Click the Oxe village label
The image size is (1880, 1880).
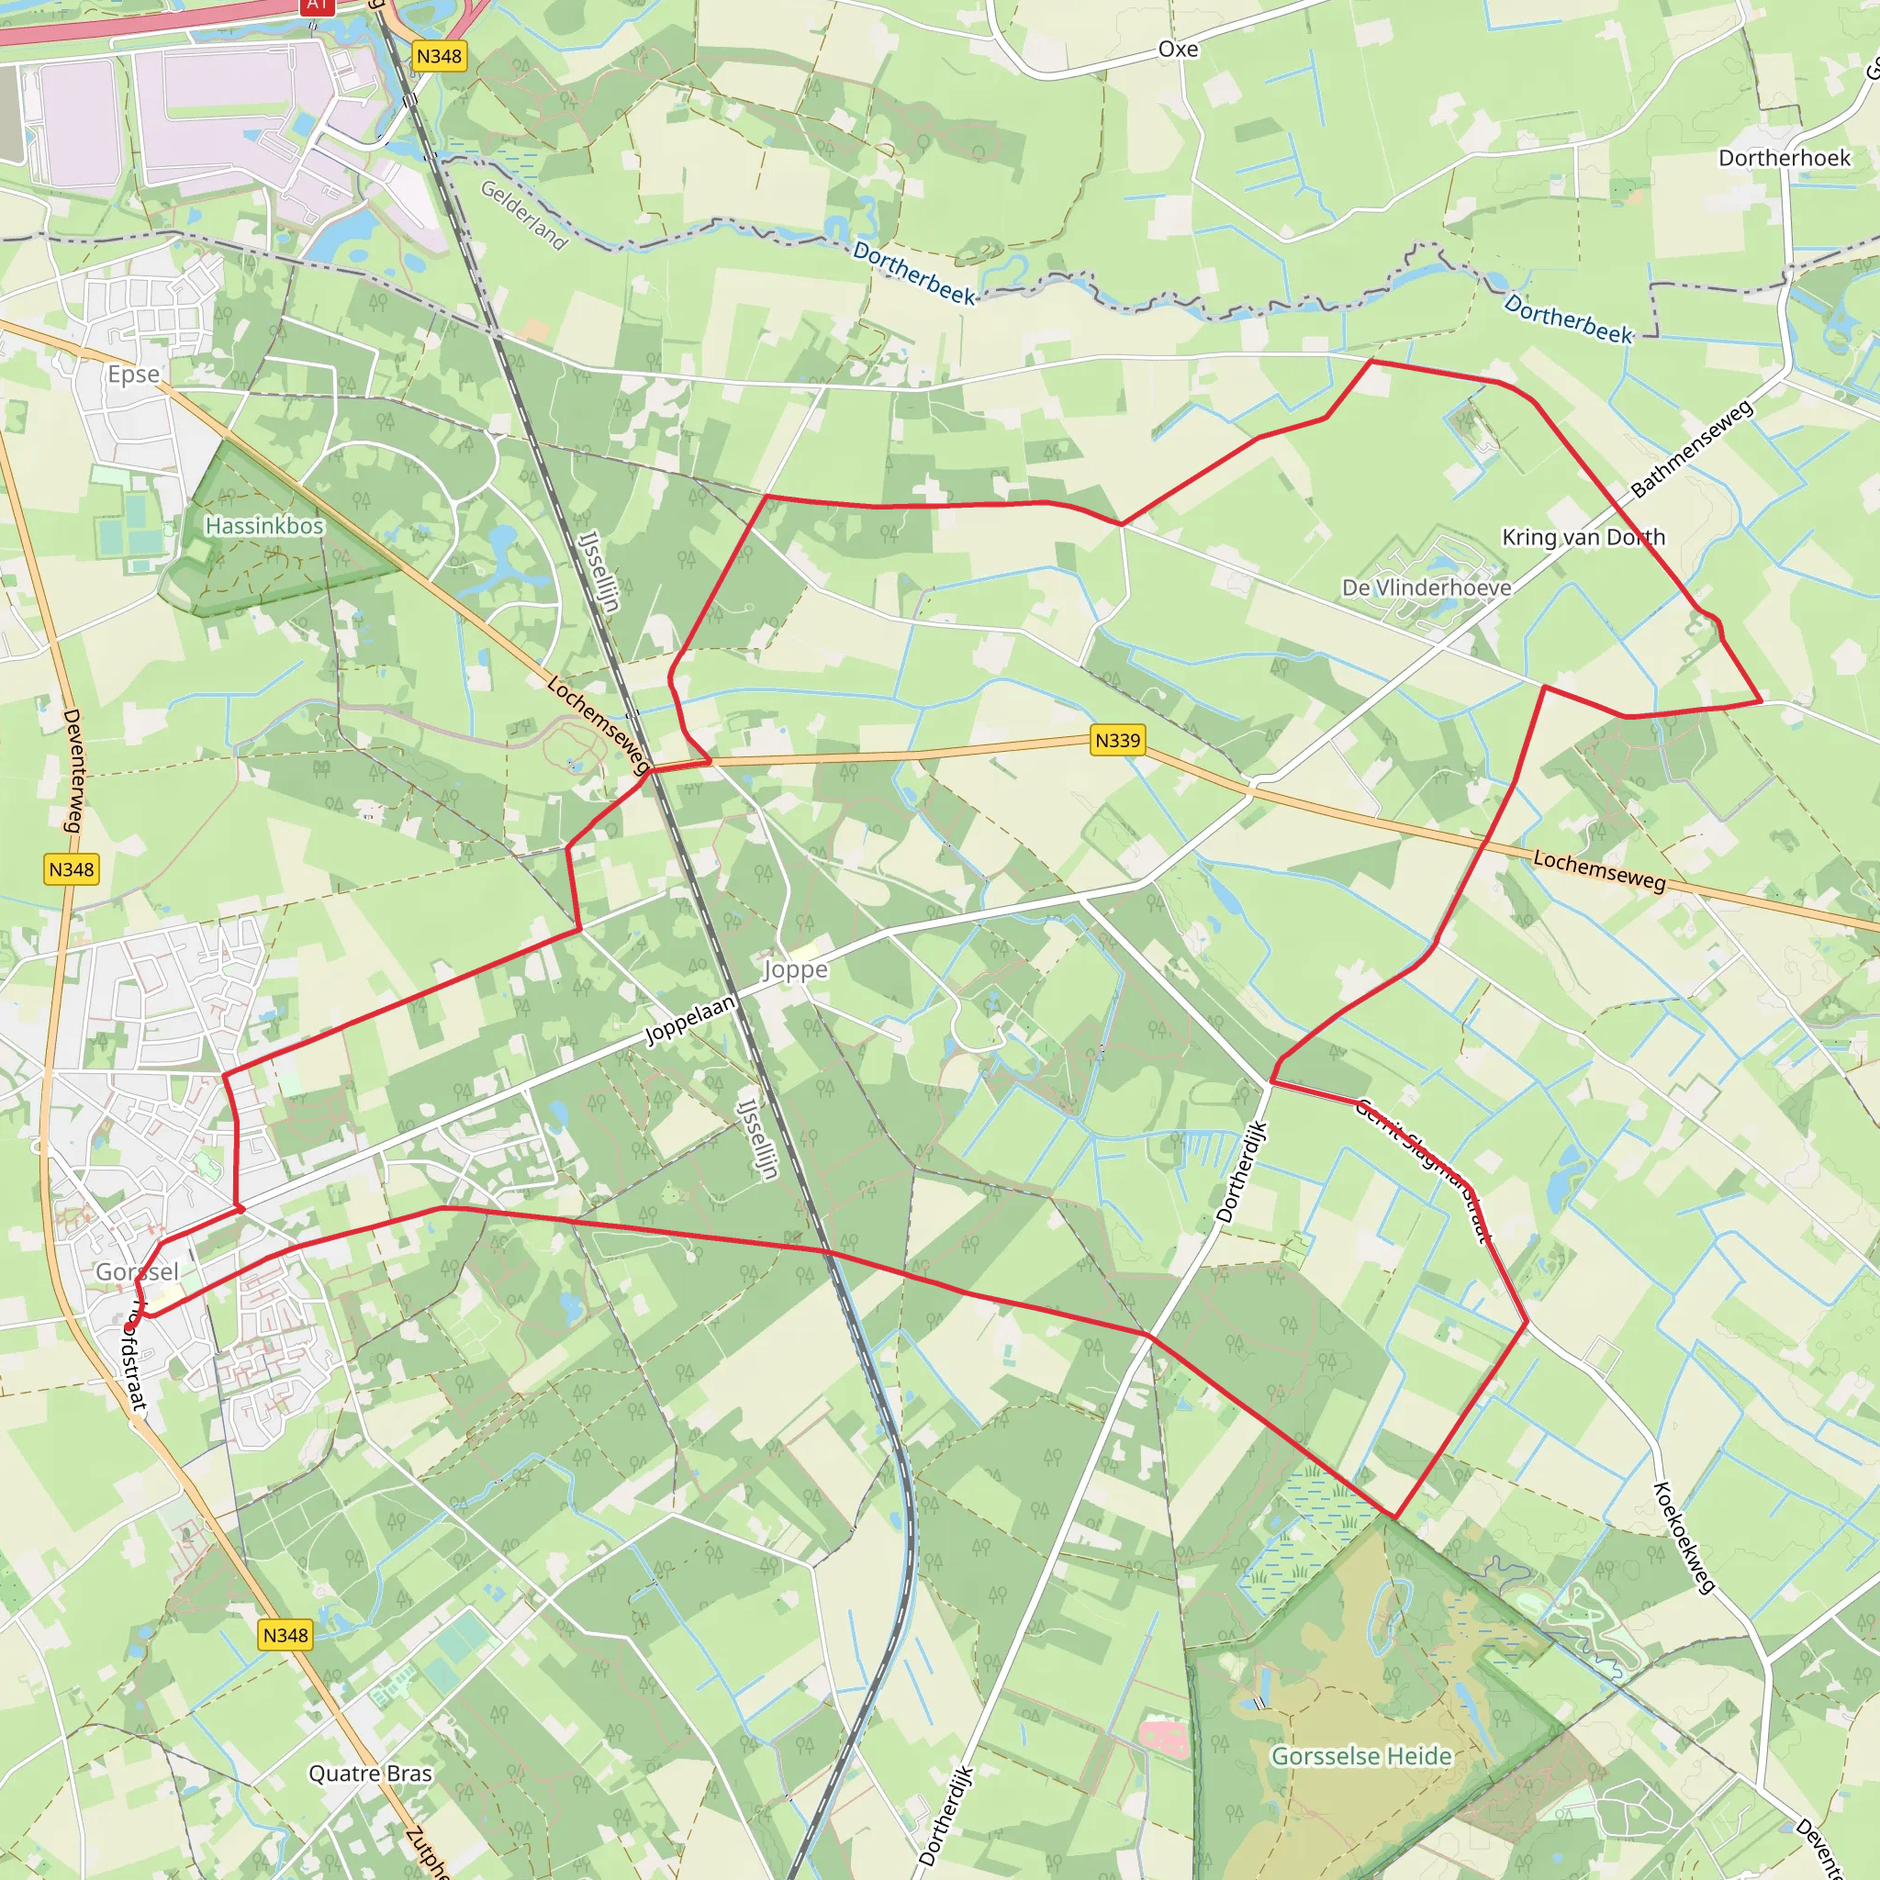coord(1178,49)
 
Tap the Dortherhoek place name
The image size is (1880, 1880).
coord(1784,158)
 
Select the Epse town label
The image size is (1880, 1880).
coord(133,375)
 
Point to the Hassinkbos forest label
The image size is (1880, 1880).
coord(263,525)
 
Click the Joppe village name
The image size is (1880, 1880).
coord(795,969)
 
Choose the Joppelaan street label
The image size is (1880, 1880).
coord(691,1020)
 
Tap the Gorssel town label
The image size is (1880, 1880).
coord(137,1271)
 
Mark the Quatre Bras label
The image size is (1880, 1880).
coord(370,1773)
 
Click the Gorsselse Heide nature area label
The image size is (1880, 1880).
coord(1361,1729)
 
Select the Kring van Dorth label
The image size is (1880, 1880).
coord(1583,537)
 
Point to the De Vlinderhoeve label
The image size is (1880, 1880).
coord(1426,587)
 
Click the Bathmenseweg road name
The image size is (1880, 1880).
coord(1692,449)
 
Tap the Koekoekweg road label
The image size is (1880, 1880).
coord(1684,1538)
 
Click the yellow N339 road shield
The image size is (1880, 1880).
coord(1117,741)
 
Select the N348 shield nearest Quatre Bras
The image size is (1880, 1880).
coord(285,1635)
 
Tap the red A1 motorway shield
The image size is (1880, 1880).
coord(317,5)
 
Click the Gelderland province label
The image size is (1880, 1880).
coord(523,215)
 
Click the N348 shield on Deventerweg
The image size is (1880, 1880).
coord(71,869)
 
